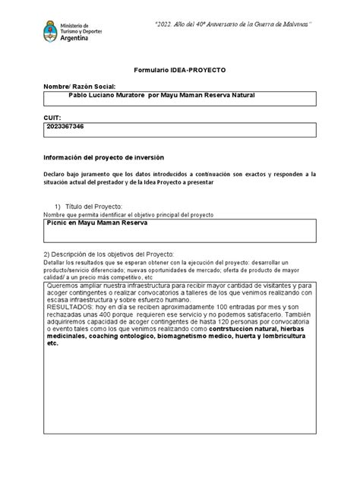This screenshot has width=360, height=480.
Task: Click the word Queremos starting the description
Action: (x=65, y=285)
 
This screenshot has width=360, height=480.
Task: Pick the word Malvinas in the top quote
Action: (x=289, y=24)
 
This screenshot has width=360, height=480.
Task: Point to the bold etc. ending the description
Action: (x=52, y=343)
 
